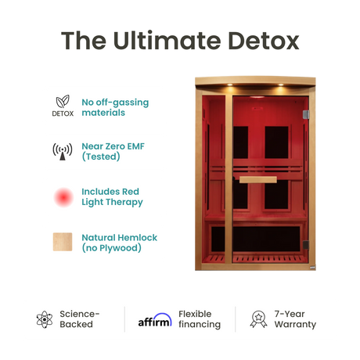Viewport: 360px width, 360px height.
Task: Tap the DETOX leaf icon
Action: [x=63, y=102]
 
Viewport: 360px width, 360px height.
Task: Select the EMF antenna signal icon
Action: [x=63, y=151]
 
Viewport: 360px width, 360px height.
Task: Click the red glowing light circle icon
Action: [x=63, y=196]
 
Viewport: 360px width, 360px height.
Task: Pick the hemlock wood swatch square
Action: [x=63, y=242]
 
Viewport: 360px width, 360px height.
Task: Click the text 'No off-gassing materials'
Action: [x=114, y=107]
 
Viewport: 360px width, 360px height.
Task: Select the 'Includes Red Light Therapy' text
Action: [x=113, y=196]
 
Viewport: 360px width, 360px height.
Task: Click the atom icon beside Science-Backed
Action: [x=44, y=319]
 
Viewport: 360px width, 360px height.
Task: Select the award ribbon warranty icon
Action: [x=257, y=319]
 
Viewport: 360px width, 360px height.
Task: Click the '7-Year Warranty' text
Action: [x=294, y=319]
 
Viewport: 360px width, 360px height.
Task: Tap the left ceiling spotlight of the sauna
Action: [x=214, y=87]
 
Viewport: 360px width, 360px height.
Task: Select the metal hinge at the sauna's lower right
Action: [x=314, y=268]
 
